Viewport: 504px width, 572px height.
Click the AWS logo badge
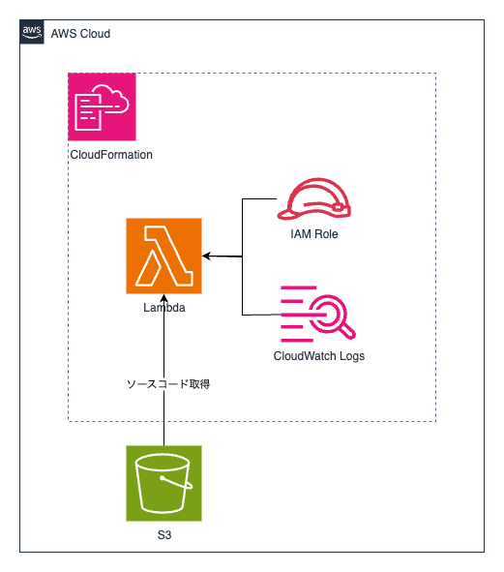(x=32, y=32)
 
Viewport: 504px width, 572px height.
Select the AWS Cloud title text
(x=80, y=34)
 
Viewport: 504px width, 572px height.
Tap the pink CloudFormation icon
(x=102, y=106)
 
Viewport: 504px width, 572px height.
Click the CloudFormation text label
(x=111, y=155)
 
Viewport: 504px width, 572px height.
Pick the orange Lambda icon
(x=163, y=256)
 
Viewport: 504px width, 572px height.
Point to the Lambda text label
(x=164, y=308)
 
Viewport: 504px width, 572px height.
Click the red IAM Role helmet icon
(x=314, y=198)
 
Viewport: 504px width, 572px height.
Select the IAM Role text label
(x=314, y=234)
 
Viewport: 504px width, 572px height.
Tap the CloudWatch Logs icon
(x=317, y=314)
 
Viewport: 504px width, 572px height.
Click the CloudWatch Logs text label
(x=319, y=356)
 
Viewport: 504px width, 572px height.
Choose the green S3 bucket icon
(x=163, y=483)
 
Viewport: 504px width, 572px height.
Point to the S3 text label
(x=164, y=535)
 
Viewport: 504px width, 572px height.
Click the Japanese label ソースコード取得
(x=168, y=384)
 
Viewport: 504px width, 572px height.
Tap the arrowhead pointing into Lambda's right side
(x=206, y=256)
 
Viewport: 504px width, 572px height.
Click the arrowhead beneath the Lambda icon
(x=164, y=298)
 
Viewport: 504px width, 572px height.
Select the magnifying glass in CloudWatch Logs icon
(x=332, y=316)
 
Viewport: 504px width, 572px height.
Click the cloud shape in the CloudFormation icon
(x=111, y=99)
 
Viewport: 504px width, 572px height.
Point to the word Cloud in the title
(x=95, y=34)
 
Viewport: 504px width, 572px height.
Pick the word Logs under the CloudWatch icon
(x=352, y=356)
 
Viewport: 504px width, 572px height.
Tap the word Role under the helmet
(x=326, y=234)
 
